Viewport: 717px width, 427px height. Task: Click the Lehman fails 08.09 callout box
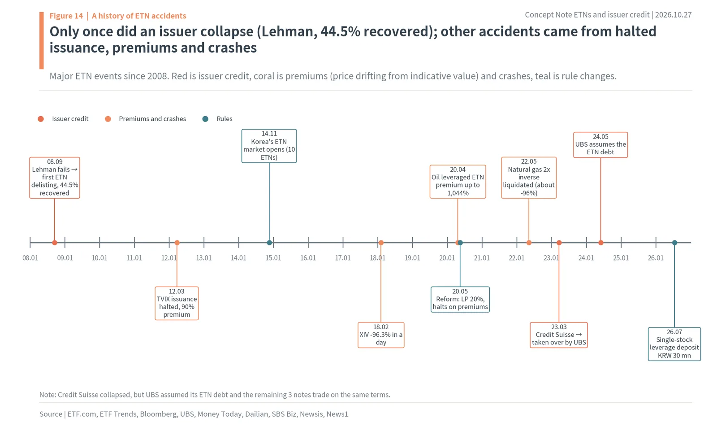coord(54,178)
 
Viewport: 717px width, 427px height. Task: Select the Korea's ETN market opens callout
coord(269,146)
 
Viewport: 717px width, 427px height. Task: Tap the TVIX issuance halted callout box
coord(177,303)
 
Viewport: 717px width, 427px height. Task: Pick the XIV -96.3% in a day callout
coord(381,335)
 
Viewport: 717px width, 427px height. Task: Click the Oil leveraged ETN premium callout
coord(458,182)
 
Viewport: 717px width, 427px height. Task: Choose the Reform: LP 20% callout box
coord(460,299)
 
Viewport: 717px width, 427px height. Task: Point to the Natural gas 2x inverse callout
coord(529,178)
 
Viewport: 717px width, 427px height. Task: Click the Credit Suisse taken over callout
coord(559,335)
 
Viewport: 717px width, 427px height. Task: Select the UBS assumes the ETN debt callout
coord(600,145)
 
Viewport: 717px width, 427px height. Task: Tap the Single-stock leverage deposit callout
coord(674,344)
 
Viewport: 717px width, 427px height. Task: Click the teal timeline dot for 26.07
coord(674,243)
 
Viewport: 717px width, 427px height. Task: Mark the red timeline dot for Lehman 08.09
coord(54,243)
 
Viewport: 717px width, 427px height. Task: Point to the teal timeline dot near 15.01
coord(269,243)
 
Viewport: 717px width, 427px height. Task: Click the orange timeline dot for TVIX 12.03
coord(177,243)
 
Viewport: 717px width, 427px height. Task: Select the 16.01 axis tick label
coord(308,258)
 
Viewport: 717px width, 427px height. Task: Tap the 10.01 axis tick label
coord(99,258)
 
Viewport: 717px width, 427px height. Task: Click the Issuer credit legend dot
coord(41,119)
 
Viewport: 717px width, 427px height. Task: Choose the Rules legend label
coord(225,119)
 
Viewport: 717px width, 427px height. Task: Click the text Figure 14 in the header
coord(66,16)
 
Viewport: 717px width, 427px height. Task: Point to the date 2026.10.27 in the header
coord(673,15)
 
